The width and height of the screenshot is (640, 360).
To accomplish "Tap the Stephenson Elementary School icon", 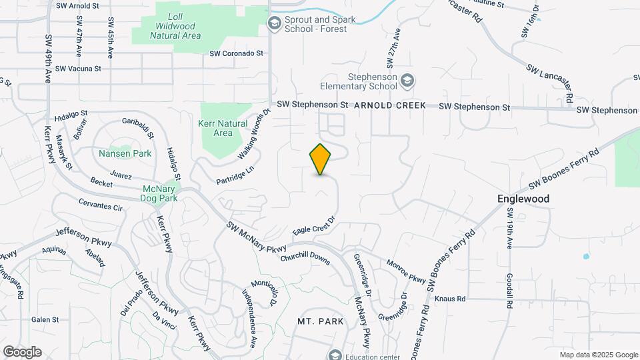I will (407, 81).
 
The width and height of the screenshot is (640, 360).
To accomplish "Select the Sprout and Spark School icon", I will (274, 24).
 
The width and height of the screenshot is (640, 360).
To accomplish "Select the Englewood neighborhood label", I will (523, 199).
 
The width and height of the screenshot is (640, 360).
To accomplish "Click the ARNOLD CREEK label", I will (390, 106).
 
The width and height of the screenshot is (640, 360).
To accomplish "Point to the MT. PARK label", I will (321, 321).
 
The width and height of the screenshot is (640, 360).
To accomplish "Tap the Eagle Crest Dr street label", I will (313, 225).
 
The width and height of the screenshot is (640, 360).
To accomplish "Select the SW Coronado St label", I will (237, 53).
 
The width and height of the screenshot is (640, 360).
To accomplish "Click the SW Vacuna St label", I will (78, 68).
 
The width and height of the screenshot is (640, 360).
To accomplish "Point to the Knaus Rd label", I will (450, 299).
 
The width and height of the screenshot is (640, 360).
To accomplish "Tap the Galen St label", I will (45, 320).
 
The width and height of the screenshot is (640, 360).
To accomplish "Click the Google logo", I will (22, 352).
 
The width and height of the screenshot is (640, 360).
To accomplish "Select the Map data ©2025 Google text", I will (598, 355).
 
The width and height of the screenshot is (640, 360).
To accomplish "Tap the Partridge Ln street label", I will (235, 175).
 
